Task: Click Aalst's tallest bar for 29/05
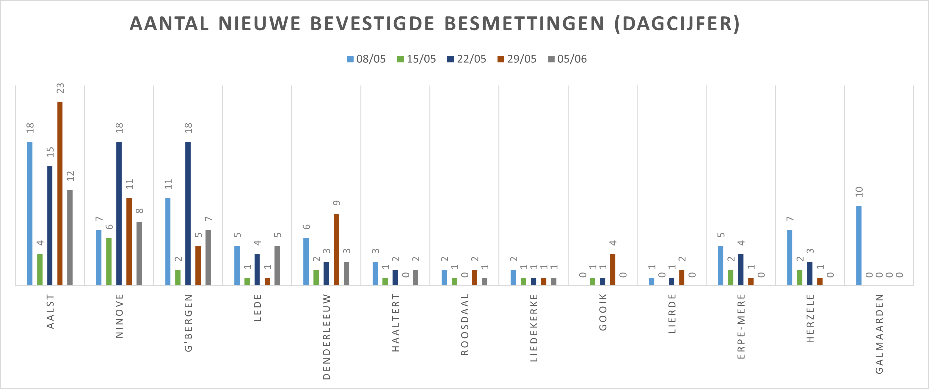click(60, 193)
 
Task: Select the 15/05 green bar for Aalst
click(40, 269)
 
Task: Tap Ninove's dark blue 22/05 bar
click(119, 213)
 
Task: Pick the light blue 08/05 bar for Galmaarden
click(859, 245)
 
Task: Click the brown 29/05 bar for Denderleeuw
click(336, 250)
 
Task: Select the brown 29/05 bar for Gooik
click(612, 269)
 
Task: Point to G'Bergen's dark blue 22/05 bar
click(188, 213)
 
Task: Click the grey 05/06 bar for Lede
click(277, 265)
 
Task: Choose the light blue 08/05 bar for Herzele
click(790, 257)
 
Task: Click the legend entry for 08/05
click(366, 59)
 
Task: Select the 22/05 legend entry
click(467, 59)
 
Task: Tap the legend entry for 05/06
click(567, 59)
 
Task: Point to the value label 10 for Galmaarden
click(859, 192)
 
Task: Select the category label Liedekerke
click(534, 328)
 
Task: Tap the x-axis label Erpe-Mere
click(741, 326)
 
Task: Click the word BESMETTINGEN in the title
click(524, 24)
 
